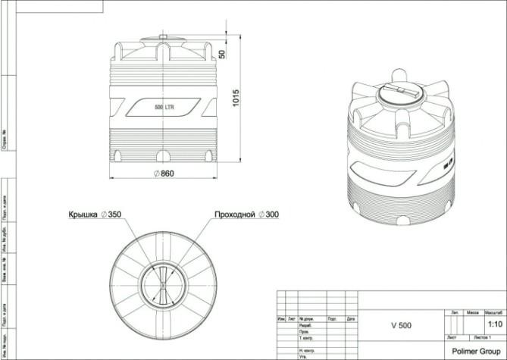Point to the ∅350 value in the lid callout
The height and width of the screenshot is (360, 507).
coord(111,214)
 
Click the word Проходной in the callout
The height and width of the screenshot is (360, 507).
coord(235,214)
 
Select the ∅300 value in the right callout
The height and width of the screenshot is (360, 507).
coord(268,214)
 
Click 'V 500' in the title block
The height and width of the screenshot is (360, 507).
coord(401,325)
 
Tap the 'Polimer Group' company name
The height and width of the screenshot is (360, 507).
coord(473,351)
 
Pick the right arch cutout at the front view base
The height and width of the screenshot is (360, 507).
coord(208,155)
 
